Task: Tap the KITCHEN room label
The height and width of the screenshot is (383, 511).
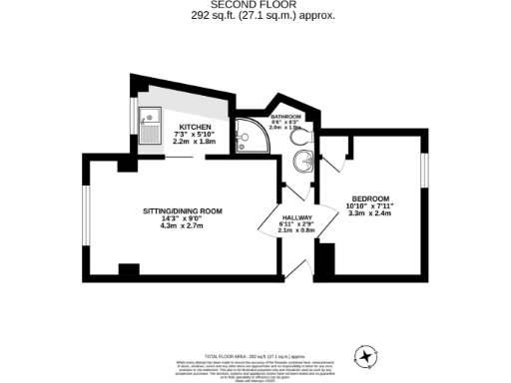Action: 195,127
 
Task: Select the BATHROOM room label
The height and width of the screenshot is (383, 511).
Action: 285,116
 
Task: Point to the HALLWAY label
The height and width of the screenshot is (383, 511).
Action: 297,218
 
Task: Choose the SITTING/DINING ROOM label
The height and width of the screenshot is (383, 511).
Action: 182,211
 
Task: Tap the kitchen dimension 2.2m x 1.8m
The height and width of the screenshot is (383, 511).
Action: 196,142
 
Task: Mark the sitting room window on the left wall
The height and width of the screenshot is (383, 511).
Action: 85,213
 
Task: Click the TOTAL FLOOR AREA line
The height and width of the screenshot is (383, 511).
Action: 255,356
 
